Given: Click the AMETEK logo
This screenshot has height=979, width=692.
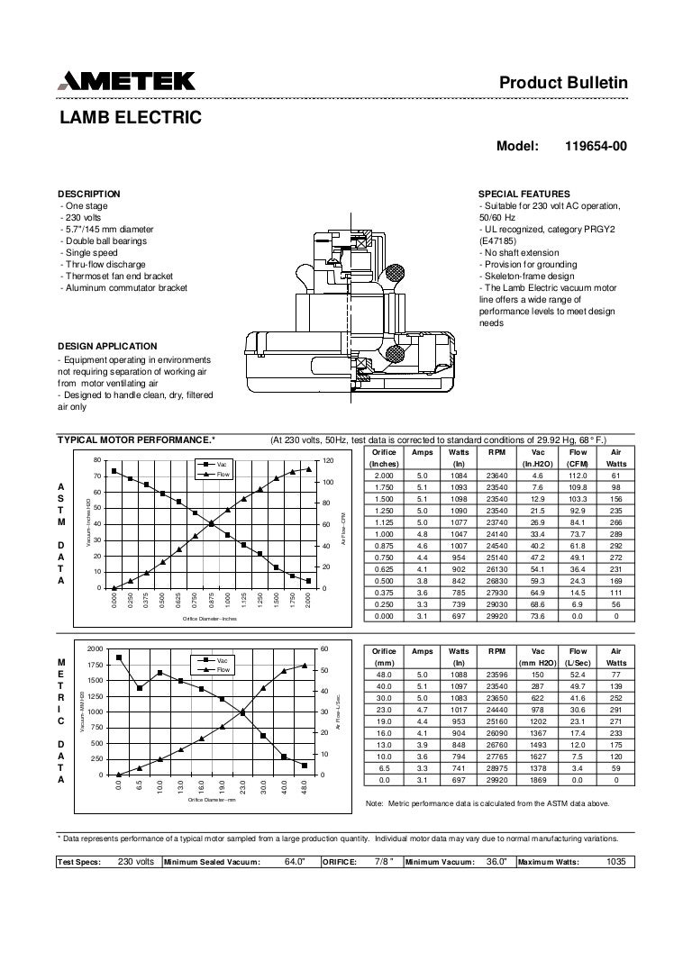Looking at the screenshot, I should coord(126,82).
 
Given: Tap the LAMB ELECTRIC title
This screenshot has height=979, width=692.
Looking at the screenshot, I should coord(130,117).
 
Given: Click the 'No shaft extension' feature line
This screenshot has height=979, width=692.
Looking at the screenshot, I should coord(520,253).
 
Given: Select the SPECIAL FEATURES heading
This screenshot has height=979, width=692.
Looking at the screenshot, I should coord(524,194).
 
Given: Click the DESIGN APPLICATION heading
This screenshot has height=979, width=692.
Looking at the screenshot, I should coord(107,346).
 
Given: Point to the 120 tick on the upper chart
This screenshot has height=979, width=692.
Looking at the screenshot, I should coord(328,461).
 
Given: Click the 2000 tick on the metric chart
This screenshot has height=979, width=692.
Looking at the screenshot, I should coord(95,648).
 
